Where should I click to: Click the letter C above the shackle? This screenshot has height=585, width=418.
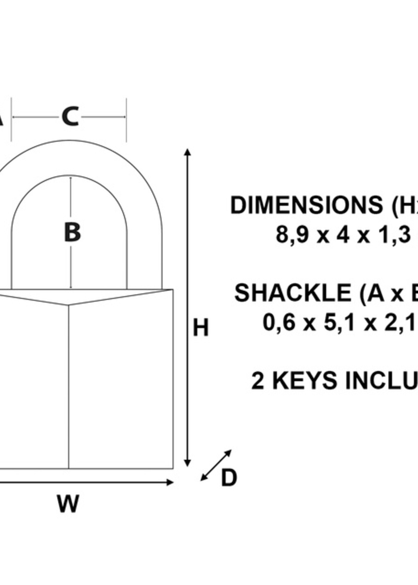pos(70,117)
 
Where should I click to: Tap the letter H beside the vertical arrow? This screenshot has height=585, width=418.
pos(200,328)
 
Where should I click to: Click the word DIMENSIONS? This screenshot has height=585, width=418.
pos(307,205)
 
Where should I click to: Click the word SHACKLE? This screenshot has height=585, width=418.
pos(293,293)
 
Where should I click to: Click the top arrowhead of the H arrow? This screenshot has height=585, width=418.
pos(188,152)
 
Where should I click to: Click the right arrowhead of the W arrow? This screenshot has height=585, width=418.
pos(170,482)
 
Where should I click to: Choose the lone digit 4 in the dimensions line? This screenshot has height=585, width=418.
pos(343,235)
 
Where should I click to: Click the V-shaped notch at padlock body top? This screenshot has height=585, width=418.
pos(69,305)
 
